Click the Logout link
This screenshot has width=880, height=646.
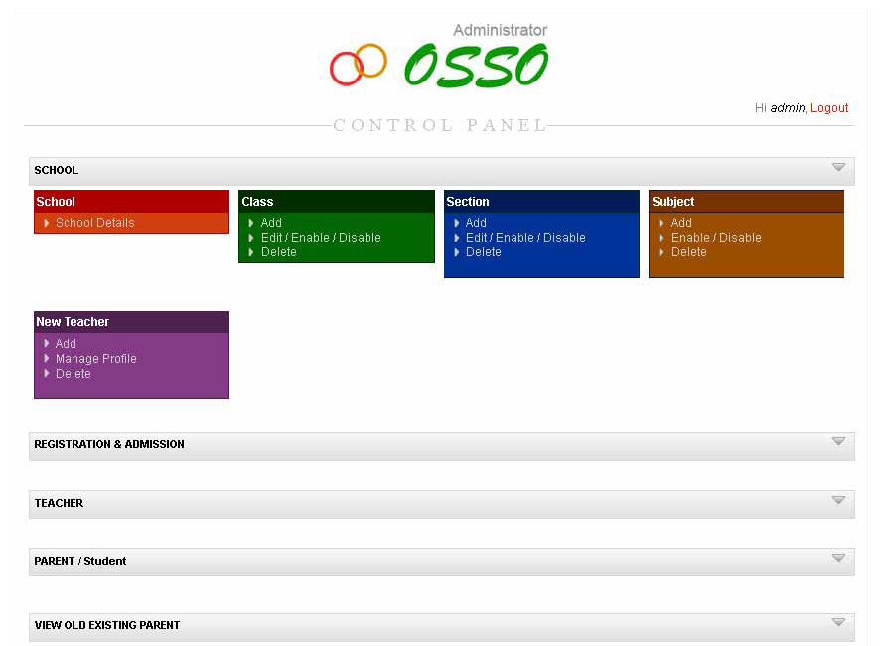tap(829, 108)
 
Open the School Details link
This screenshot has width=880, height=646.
tap(94, 223)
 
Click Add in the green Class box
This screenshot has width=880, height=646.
tap(271, 223)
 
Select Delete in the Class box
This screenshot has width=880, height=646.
tap(278, 252)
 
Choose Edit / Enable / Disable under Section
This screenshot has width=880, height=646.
tap(525, 238)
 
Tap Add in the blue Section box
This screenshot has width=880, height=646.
tap(476, 223)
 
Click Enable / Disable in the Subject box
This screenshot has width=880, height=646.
tap(716, 238)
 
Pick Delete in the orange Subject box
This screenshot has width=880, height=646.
tap(688, 252)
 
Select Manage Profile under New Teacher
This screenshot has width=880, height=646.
tap(95, 359)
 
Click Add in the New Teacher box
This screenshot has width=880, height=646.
tap(66, 344)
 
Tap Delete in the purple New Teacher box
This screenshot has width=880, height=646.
tap(73, 374)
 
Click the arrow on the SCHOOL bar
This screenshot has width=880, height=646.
tap(838, 168)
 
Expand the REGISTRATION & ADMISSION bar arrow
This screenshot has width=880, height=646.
tap(838, 442)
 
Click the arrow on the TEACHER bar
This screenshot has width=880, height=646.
tap(838, 500)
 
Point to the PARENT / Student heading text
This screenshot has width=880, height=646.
tap(80, 561)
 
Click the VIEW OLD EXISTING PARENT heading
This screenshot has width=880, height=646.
tap(107, 625)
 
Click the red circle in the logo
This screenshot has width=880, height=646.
tap(347, 69)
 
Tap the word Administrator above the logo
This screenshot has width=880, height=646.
tap(500, 31)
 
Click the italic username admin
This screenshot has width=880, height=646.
tap(788, 108)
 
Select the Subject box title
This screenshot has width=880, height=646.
tap(673, 202)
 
